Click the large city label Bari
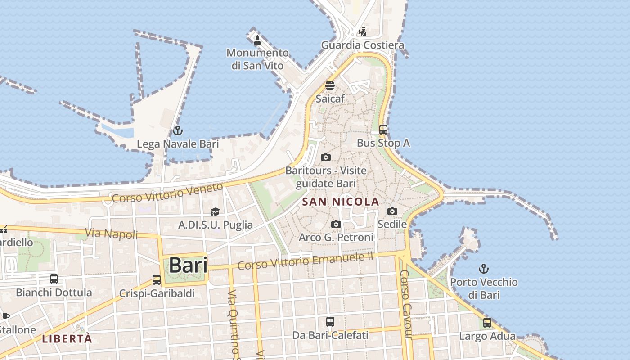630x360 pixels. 188,265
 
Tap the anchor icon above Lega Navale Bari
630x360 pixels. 178,131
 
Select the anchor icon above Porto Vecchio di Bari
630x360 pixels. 484,269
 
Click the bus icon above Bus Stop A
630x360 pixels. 383,130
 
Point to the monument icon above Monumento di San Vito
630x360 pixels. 257,40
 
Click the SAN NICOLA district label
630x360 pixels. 341,202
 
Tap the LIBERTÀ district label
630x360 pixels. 67,339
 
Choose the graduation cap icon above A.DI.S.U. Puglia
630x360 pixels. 216,211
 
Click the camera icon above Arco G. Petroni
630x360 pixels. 336,224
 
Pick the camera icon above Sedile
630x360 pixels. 392,211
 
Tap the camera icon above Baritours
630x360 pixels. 326,157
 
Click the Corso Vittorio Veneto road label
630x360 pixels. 167,193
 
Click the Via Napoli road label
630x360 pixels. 112,234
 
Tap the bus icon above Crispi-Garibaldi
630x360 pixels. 157,280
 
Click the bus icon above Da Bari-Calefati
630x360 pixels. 330,322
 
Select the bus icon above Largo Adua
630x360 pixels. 487,323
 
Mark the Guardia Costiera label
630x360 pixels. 362,45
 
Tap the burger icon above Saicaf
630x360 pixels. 330,85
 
